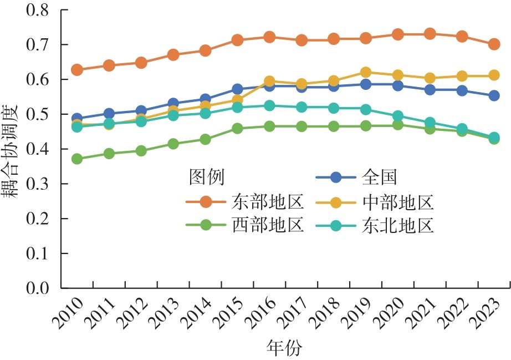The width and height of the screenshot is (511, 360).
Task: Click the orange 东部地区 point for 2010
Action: pos(77,70)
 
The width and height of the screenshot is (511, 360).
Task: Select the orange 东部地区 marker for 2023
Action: pos(494,44)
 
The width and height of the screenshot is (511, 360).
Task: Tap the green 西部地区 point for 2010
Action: pos(77,159)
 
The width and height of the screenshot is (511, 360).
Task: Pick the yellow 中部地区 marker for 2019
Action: pos(366,72)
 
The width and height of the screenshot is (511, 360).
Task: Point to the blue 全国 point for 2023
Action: pos(494,96)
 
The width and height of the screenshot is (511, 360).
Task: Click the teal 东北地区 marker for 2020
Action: pos(398,116)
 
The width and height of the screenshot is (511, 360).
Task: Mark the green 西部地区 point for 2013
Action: pos(173,144)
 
